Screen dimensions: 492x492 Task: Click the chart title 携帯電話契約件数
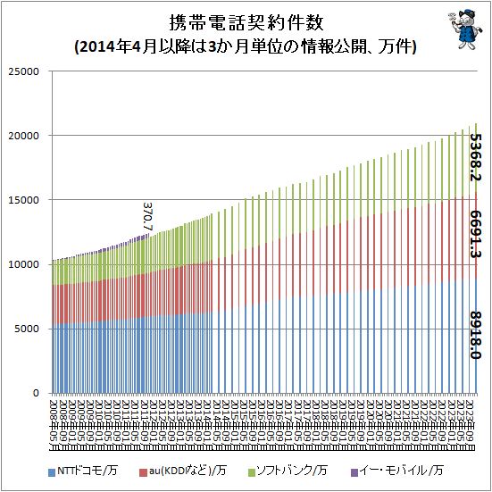(246, 22)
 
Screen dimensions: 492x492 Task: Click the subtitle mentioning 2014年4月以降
(246, 46)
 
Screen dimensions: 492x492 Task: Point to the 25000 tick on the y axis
(24, 71)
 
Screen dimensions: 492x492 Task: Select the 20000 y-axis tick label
(24, 136)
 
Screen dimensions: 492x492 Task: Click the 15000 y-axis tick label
(24, 200)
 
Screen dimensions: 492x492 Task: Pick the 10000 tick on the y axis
(24, 264)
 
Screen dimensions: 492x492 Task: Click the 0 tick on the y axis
(37, 393)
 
